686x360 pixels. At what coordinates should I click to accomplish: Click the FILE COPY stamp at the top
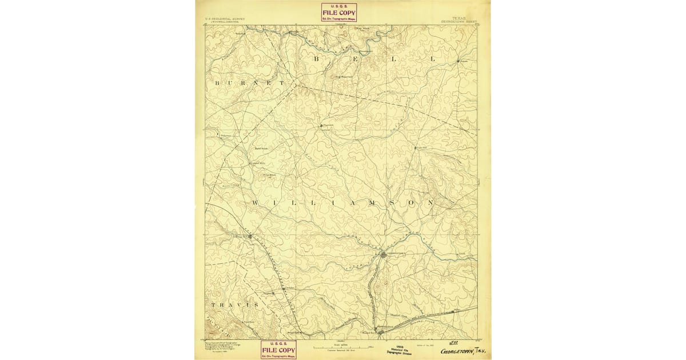click(x=339, y=13)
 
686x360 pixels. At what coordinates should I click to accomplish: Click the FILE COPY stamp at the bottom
click(x=278, y=350)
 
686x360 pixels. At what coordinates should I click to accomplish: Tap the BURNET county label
click(x=249, y=83)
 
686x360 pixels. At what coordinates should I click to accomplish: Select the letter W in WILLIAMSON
click(x=254, y=203)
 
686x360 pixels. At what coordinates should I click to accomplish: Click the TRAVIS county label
click(x=234, y=305)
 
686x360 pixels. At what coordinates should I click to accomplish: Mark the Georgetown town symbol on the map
click(x=384, y=255)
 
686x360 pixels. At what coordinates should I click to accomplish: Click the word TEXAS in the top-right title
click(x=458, y=18)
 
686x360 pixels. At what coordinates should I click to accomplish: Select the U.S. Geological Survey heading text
click(x=225, y=18)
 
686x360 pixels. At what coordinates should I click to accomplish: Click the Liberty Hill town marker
click(x=250, y=235)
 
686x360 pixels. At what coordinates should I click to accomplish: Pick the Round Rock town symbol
click(x=380, y=330)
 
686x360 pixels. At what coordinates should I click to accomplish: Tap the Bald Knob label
click(x=261, y=148)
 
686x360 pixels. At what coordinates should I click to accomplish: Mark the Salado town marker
click(x=459, y=60)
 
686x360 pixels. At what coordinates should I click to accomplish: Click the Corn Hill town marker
click(x=416, y=147)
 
